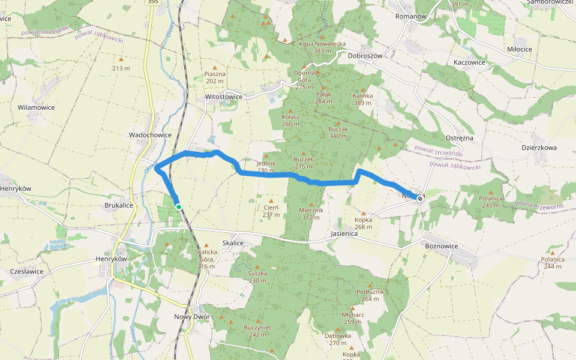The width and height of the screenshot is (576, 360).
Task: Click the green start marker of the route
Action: coord(179,207)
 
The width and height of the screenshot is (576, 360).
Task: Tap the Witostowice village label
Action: coord(224,96)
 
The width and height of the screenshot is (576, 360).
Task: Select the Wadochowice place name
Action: coord(150,135)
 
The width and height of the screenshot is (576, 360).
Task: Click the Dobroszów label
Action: coord(365,55)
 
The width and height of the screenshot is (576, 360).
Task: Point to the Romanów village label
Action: coord(410,16)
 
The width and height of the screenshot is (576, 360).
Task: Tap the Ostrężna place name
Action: coord(460,138)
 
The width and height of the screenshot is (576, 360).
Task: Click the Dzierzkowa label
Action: coord(539,148)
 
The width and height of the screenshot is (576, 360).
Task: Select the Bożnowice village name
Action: coord(441,247)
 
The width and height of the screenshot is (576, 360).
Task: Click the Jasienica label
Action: coord(344,233)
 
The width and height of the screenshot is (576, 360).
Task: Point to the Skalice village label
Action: coord(233,242)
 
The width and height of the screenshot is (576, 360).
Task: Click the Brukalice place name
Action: coord(119,205)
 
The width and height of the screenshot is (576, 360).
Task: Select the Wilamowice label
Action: coord(37,107)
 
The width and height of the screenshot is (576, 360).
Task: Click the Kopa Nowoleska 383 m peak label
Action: coord(322,47)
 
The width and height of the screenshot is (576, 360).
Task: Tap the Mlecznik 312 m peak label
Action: coord(311,214)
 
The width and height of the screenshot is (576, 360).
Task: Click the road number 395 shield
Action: coord(154,2)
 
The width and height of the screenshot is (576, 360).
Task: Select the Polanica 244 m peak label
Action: coord(552,263)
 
